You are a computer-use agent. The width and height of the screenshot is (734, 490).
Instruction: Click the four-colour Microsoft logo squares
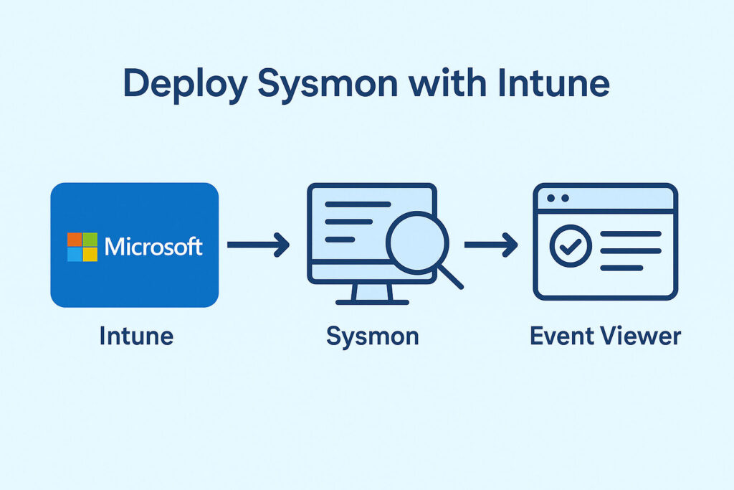(x=82, y=247)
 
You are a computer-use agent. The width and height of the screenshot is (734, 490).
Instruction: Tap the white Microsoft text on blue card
(x=153, y=247)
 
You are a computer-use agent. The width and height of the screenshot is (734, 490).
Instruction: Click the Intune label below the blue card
(x=136, y=336)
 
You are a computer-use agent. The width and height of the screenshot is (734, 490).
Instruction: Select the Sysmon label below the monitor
(x=372, y=336)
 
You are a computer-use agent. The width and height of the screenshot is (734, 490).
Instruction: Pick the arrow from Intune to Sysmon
(x=258, y=245)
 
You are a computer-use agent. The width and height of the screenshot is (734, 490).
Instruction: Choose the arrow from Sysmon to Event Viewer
(x=491, y=245)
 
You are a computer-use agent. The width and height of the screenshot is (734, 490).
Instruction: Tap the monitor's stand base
(x=372, y=302)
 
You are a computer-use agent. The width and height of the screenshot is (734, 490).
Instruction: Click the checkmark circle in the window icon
(x=570, y=248)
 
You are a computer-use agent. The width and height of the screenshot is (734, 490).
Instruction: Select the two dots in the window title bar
(x=557, y=197)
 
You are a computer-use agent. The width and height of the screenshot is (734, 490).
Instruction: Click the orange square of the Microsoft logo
(x=75, y=240)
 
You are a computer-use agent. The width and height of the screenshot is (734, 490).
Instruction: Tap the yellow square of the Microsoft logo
(x=90, y=255)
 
